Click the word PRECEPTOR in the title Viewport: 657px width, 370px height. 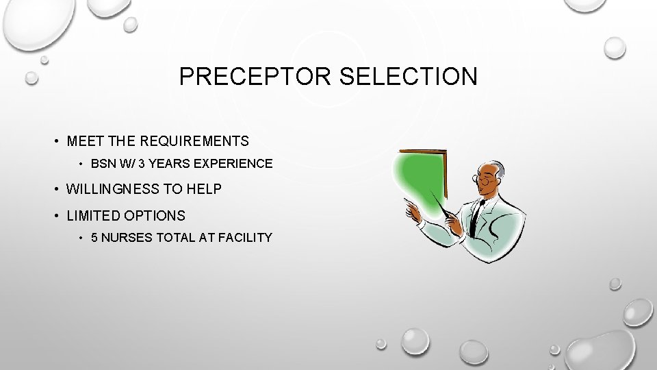coord(255,77)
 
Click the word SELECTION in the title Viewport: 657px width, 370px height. coord(409,77)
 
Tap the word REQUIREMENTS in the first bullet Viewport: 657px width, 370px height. coord(194,141)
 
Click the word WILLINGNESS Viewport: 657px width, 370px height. coord(114,189)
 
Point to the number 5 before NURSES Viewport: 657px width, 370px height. coord(94,238)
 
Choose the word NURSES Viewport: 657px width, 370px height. coord(128,238)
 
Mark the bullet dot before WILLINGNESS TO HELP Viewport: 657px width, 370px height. coord(57,189)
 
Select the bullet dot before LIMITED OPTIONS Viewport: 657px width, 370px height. coord(57,216)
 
